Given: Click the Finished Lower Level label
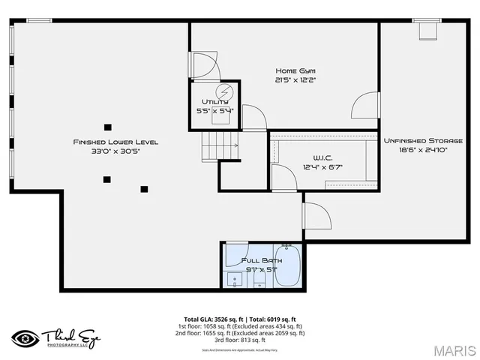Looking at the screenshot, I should (x=115, y=142).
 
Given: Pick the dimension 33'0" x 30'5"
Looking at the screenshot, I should (x=115, y=151).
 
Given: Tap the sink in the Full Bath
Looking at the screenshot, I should (x=235, y=282).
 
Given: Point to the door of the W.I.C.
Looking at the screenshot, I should (x=283, y=178).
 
